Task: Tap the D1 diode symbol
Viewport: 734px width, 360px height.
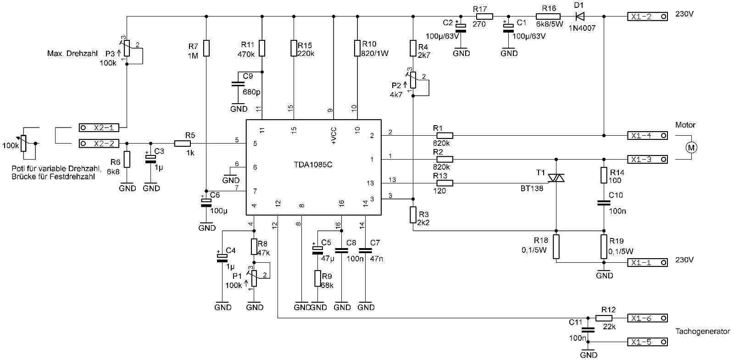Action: point(580,17)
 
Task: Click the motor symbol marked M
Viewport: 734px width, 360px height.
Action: point(691,147)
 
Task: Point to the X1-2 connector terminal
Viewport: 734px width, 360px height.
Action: point(647,17)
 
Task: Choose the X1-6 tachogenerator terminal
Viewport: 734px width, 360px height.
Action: point(647,318)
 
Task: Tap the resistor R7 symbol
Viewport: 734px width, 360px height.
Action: point(206,47)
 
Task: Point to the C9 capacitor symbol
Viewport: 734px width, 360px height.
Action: point(237,84)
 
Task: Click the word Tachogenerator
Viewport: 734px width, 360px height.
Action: point(702,331)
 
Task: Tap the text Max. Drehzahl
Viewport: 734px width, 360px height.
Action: point(72,54)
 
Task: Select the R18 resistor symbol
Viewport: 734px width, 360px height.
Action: point(556,247)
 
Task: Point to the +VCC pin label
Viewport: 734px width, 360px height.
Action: point(334,136)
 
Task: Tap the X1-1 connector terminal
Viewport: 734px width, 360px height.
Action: point(647,263)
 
